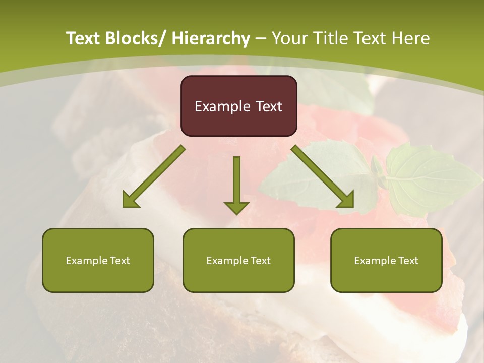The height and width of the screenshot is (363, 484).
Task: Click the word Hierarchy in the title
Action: [211, 38]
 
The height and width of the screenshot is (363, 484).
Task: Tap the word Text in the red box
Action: [268, 107]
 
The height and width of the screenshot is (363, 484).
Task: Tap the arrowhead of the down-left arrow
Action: [130, 201]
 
